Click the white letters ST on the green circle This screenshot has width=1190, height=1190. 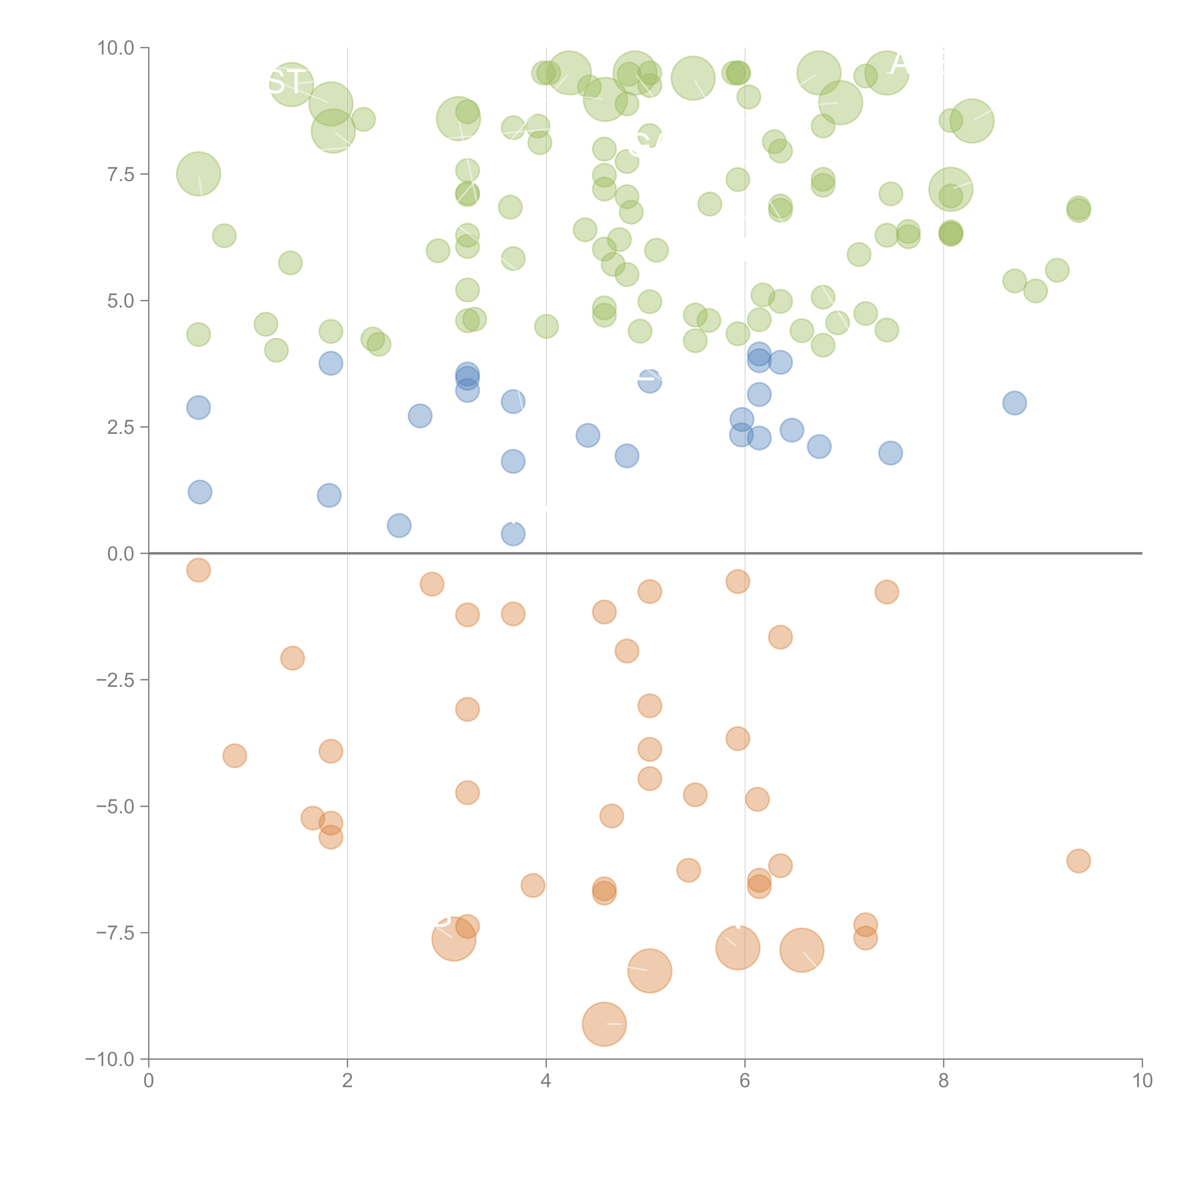(287, 81)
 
